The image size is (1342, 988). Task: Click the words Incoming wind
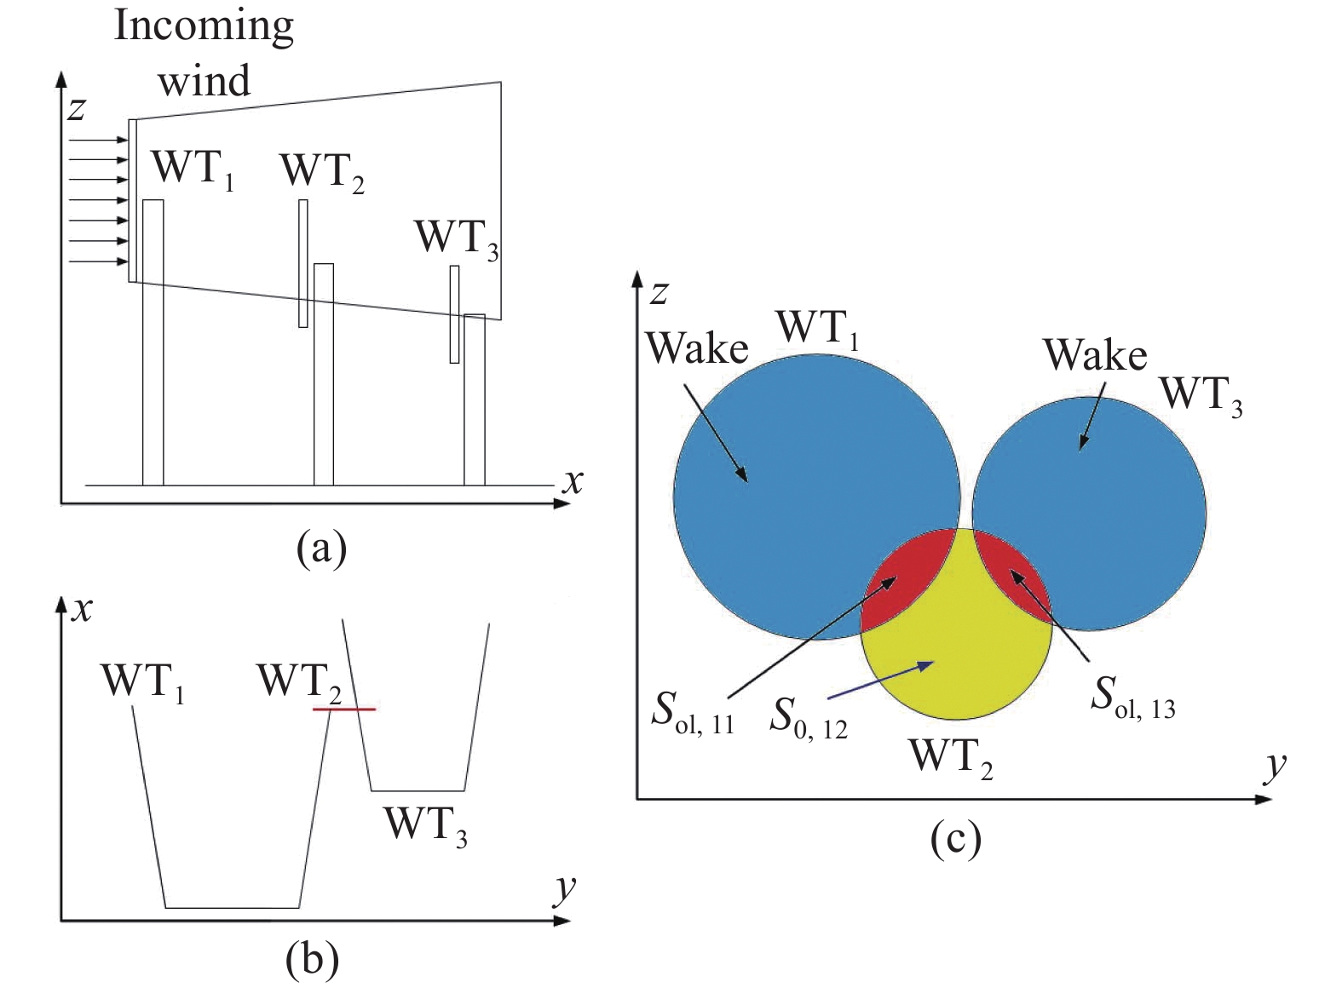204,53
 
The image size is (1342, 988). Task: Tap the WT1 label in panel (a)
193,170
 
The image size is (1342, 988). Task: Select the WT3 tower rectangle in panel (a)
475,399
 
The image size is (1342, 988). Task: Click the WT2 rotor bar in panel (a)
303,263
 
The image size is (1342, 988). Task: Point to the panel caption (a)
322,547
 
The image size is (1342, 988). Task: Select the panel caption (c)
955,837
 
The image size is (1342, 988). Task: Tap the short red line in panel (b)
344,709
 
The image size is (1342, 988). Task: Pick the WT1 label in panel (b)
143,683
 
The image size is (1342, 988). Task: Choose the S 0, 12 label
809,719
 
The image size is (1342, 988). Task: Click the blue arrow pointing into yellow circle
881,681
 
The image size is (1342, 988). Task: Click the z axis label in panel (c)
659,293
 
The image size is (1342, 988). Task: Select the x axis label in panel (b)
82,610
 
